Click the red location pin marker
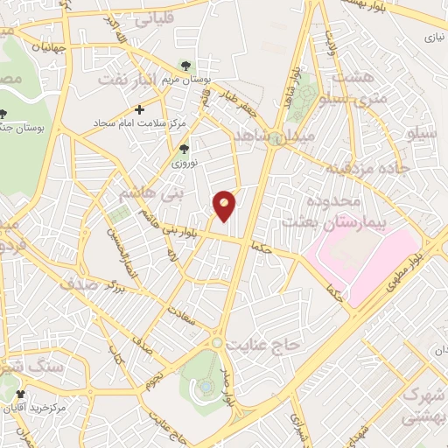click(224, 205)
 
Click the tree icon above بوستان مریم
click(184, 65)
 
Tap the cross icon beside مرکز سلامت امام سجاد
click(140, 109)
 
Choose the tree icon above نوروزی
click(183, 148)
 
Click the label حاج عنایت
click(263, 345)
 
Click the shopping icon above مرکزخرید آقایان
click(20, 395)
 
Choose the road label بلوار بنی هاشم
click(187, 231)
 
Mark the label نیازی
click(434, 38)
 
